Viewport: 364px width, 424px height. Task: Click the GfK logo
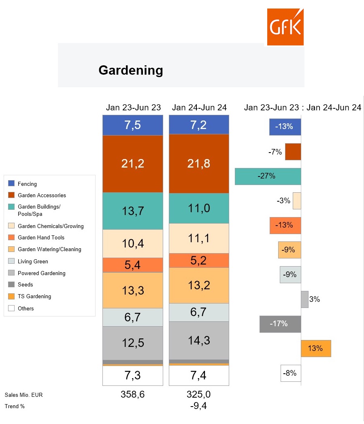[x=285, y=27]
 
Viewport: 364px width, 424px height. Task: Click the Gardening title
[x=131, y=70]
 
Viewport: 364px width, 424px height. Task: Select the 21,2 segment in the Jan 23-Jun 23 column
[x=133, y=164]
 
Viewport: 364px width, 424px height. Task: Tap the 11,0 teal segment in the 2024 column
[x=199, y=208]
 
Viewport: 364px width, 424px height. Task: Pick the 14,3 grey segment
[x=199, y=340]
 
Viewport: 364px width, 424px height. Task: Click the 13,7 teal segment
[x=133, y=211]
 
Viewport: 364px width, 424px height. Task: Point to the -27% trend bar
[x=268, y=176]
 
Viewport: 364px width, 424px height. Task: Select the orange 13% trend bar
[x=316, y=349]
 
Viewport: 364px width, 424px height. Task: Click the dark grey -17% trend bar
[x=280, y=324]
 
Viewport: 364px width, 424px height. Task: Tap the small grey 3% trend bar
[x=304, y=299]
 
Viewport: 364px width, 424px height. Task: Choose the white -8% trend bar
[x=291, y=373]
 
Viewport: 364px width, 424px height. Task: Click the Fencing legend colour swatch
[x=11, y=184]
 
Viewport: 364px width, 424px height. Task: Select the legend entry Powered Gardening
[x=41, y=273]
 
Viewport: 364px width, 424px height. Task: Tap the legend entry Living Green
[x=33, y=262]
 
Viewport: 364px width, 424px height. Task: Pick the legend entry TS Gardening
[x=34, y=296]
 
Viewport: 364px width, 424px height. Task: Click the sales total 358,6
[x=132, y=394]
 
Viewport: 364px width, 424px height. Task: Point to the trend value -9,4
[x=199, y=406]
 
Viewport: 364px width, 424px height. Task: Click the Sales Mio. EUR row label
[x=23, y=395]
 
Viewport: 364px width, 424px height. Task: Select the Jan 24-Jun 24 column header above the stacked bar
[x=199, y=108]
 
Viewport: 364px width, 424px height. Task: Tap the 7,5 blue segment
[x=133, y=125]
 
